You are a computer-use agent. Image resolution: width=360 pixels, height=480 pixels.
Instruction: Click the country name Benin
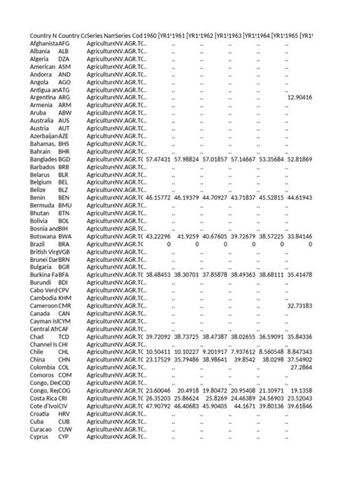39,197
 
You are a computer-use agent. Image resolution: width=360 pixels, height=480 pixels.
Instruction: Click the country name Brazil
39,244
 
